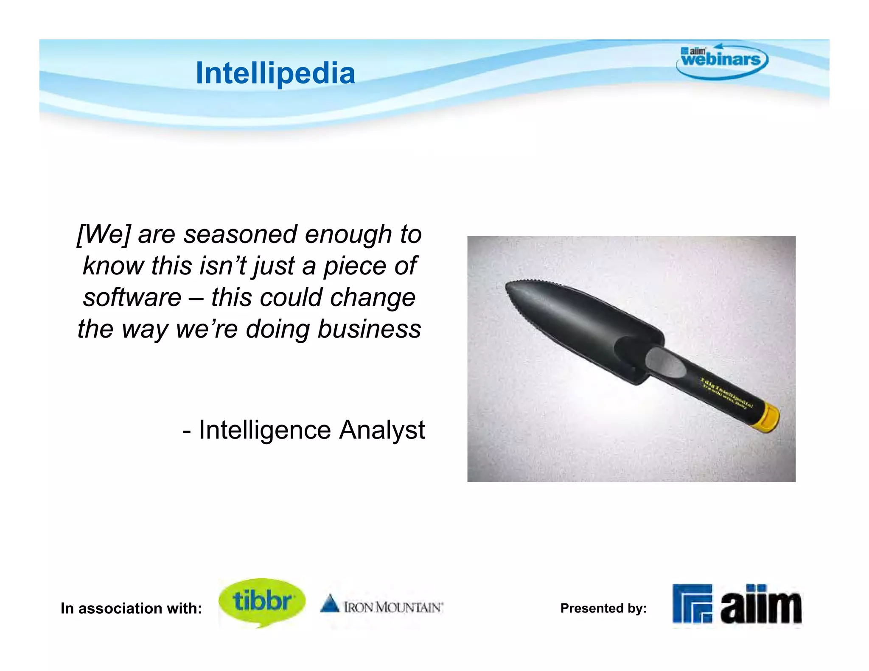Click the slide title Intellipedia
pos(275,73)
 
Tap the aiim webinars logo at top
pos(721,60)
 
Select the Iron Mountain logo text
pos(393,607)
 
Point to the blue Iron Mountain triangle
pos(329,604)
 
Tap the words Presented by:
pos(603,608)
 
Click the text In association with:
pos(131,608)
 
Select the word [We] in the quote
pos(103,234)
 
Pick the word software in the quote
pos(132,297)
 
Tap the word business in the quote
pos(369,329)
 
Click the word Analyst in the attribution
pos(381,430)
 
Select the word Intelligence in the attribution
pos(264,430)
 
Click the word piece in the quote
pos(354,266)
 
